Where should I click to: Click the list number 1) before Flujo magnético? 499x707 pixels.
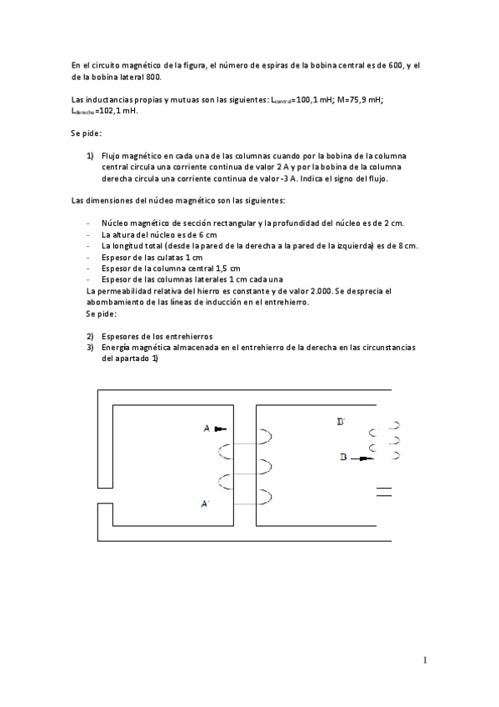point(90,155)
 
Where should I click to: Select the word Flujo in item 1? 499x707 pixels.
point(112,155)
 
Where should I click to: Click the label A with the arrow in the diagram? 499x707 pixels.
point(207,429)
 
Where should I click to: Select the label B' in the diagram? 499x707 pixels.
point(341,423)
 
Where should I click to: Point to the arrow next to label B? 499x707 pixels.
point(363,457)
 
